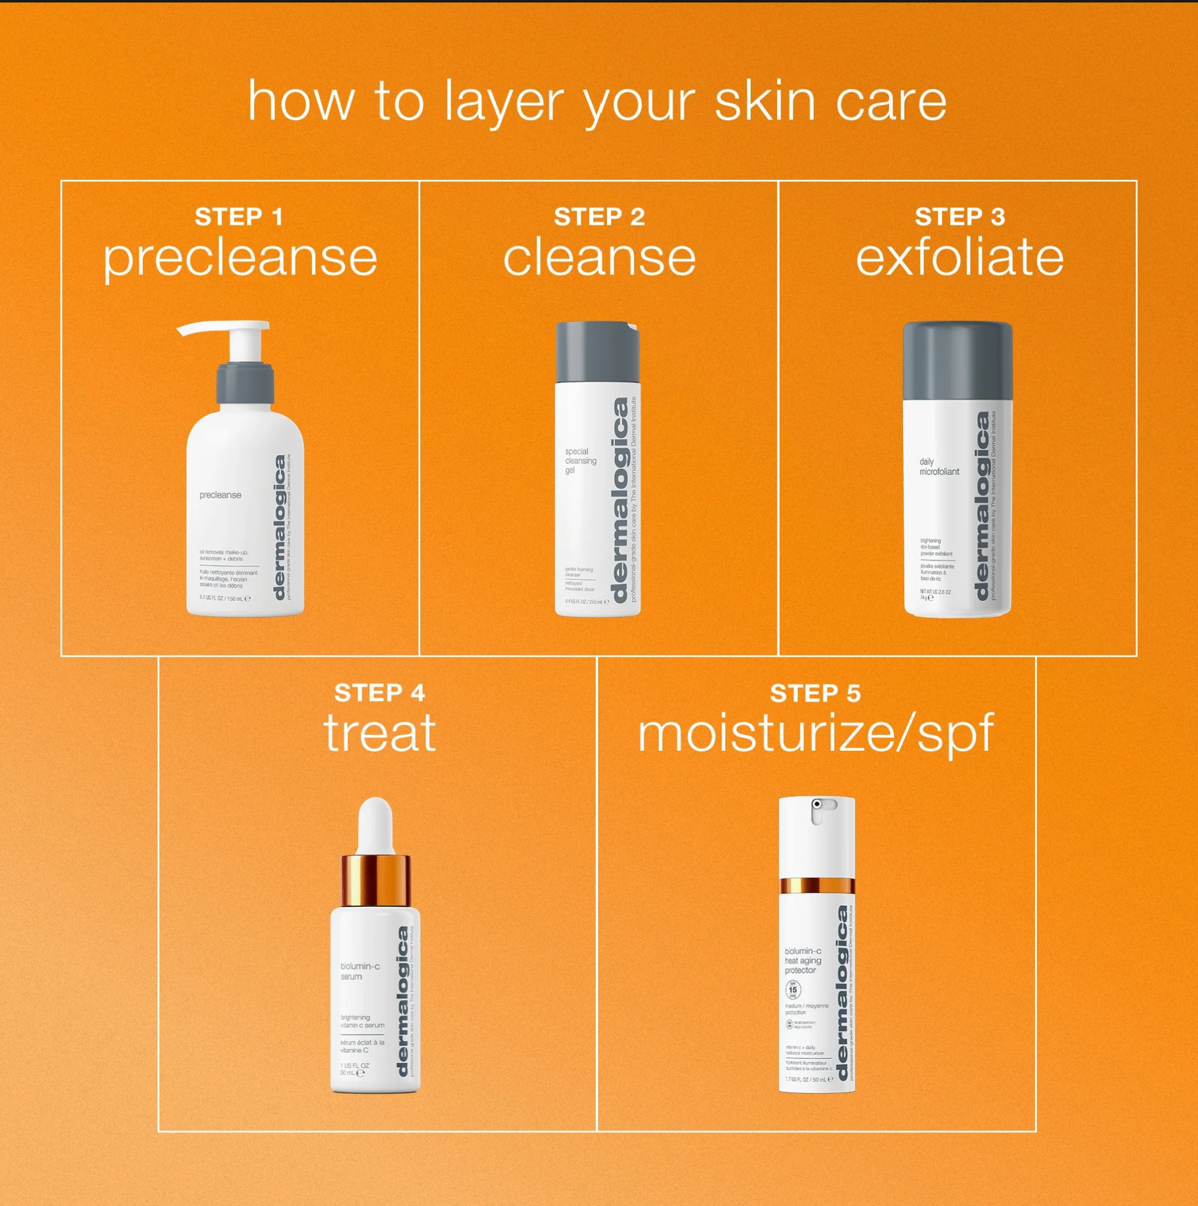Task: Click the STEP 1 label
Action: click(x=239, y=217)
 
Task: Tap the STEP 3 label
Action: click(x=960, y=217)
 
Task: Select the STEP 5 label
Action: click(x=815, y=694)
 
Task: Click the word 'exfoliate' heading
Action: click(x=959, y=257)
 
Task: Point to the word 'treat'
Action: click(x=380, y=733)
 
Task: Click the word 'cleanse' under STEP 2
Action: click(x=599, y=257)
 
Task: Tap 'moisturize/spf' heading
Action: click(x=815, y=734)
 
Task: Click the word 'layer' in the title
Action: click(x=503, y=101)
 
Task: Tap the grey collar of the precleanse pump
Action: click(x=245, y=382)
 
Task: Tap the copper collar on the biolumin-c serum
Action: click(x=376, y=880)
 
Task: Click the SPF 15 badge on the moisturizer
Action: click(x=792, y=989)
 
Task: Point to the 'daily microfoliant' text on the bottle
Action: click(x=938, y=467)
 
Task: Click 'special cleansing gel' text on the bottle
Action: click(x=580, y=461)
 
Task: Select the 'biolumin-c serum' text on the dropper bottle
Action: click(x=360, y=971)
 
